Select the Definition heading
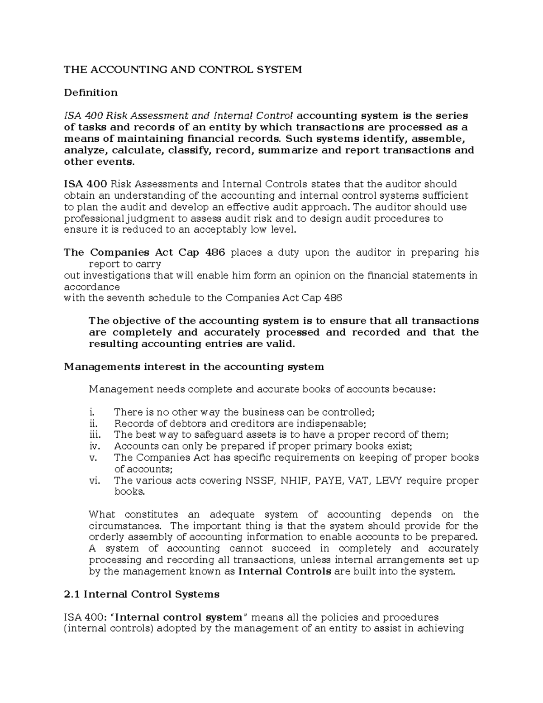click(90, 92)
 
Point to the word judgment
click(148, 219)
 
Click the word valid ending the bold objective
click(280, 344)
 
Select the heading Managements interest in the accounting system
click(194, 367)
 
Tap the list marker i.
click(92, 412)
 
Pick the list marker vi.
click(94, 480)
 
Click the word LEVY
click(391, 480)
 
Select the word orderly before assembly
click(107, 537)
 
